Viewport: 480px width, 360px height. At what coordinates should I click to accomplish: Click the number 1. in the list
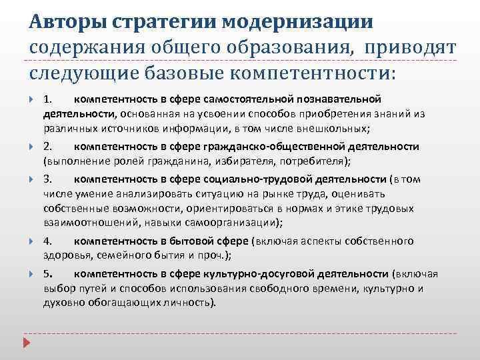[48, 99]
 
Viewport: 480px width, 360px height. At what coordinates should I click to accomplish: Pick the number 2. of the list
[48, 147]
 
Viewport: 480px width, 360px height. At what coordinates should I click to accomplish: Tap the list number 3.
[48, 179]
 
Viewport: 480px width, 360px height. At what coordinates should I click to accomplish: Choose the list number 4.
[48, 241]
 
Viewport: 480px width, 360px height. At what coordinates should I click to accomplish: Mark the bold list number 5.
[48, 274]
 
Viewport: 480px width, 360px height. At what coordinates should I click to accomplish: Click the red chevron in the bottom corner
[26, 344]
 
